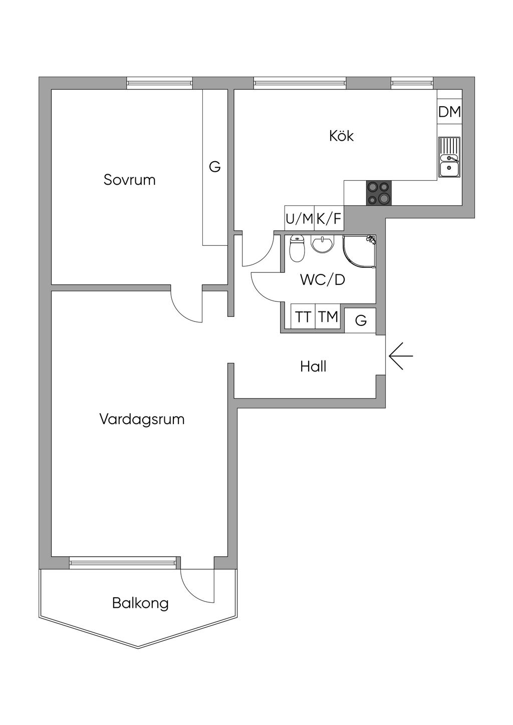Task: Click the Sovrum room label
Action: [x=129, y=180]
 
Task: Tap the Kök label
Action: [x=341, y=136]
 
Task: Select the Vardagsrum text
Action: [x=142, y=419]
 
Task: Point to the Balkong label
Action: [x=140, y=603]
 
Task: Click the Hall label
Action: [x=313, y=367]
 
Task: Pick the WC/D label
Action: [x=323, y=279]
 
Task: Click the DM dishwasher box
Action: [x=449, y=112]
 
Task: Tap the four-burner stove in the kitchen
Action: [x=378, y=193]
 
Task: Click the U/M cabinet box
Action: [x=299, y=218]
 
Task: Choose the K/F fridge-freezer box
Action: [x=329, y=218]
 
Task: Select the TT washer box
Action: [x=303, y=316]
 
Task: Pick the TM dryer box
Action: [x=329, y=316]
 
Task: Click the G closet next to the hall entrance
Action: [x=361, y=319]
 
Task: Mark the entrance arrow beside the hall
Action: [x=400, y=356]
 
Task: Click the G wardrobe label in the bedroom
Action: [x=214, y=167]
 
